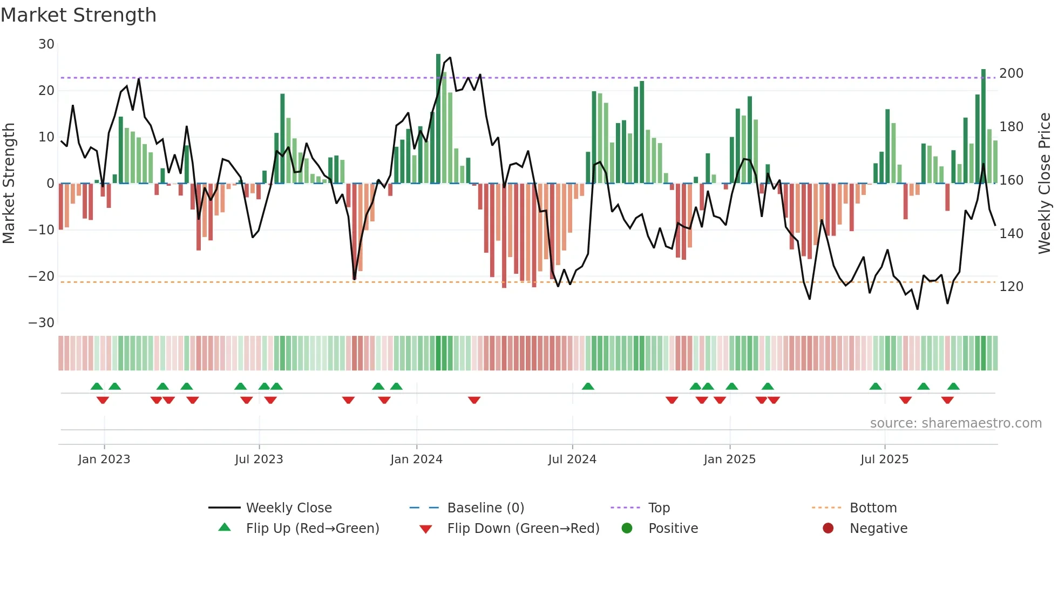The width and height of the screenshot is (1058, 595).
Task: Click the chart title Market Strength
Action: click(x=78, y=15)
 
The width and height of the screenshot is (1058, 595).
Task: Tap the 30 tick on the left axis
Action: click(x=46, y=44)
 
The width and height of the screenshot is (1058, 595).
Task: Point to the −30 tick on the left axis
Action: click(x=42, y=323)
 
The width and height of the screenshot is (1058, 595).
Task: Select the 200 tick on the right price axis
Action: click(x=1011, y=73)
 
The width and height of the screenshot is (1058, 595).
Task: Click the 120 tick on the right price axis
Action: click(x=1011, y=287)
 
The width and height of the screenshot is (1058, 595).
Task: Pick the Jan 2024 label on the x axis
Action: click(x=416, y=459)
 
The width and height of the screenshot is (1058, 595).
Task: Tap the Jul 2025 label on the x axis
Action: click(x=884, y=459)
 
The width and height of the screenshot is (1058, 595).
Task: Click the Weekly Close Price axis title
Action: click(x=1045, y=184)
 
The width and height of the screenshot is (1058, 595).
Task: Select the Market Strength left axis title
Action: click(x=9, y=184)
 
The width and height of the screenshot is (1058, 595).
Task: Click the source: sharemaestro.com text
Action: click(x=955, y=423)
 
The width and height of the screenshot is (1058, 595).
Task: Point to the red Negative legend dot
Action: click(x=828, y=529)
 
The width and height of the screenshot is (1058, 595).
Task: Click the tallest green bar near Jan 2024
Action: click(x=438, y=119)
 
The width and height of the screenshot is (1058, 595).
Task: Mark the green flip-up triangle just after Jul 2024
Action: click(x=588, y=387)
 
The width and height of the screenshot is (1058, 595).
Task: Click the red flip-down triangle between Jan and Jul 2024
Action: click(x=474, y=400)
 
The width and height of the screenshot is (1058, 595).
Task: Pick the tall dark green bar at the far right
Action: click(x=984, y=127)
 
